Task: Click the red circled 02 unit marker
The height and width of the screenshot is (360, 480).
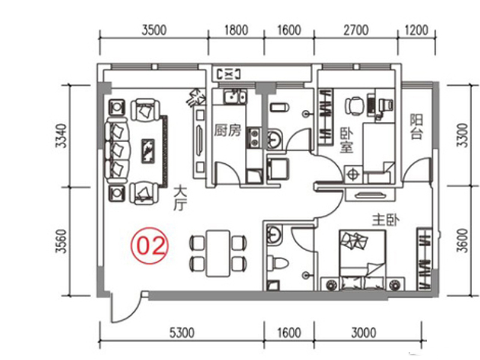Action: click(x=150, y=245)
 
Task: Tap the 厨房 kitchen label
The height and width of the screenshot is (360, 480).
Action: click(x=227, y=130)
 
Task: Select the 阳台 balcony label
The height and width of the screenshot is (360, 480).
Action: click(x=416, y=127)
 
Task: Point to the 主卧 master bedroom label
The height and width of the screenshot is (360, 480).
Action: click(x=386, y=220)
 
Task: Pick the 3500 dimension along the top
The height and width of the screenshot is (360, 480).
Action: click(x=154, y=31)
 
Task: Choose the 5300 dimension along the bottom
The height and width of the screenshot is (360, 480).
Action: click(x=182, y=333)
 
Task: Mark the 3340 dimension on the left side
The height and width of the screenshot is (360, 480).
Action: click(x=62, y=136)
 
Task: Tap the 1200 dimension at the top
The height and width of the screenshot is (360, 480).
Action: click(x=416, y=31)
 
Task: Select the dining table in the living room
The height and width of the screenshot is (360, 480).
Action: click(x=218, y=253)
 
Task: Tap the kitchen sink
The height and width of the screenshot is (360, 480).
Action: click(x=234, y=96)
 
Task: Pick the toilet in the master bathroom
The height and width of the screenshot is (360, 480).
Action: click(x=278, y=262)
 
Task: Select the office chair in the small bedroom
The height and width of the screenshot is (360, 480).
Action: click(x=355, y=106)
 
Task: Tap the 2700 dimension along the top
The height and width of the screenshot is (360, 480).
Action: click(x=356, y=31)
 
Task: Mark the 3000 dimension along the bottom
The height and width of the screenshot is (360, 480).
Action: click(x=364, y=333)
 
